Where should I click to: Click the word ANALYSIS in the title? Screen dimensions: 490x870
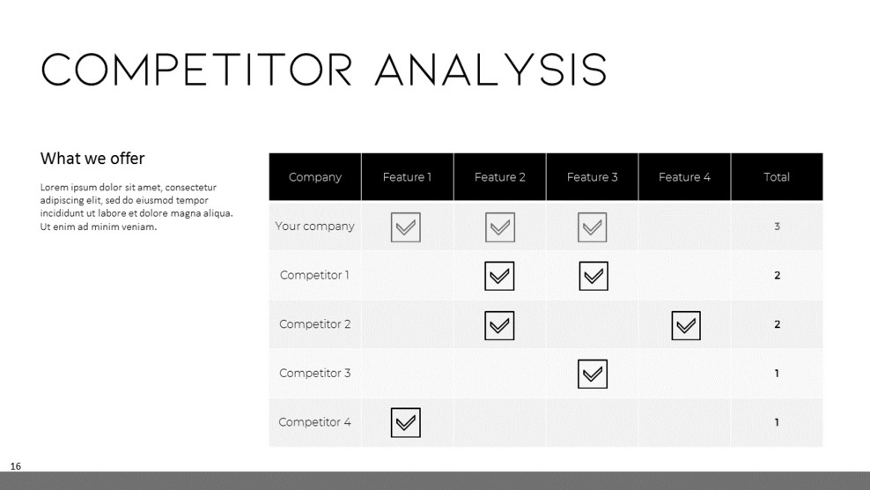tap(490, 70)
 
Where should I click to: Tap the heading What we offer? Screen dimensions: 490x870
tap(92, 159)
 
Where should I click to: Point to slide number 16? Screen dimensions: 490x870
tap(16, 466)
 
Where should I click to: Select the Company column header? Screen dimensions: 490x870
tap(314, 177)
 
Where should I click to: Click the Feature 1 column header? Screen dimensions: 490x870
tap(407, 177)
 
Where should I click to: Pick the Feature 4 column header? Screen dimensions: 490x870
tap(684, 177)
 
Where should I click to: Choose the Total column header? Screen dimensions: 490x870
tap(776, 177)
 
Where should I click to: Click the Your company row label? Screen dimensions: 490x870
tap(314, 226)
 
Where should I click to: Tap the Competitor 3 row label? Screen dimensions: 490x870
tap(314, 374)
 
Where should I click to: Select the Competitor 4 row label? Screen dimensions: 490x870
tap(314, 422)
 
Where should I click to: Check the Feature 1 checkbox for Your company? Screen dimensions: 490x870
tap(406, 227)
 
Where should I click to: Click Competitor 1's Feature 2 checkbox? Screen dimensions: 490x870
tap(499, 277)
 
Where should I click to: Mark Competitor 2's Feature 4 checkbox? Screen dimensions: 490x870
tap(685, 326)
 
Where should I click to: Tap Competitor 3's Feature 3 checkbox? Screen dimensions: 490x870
tap(593, 375)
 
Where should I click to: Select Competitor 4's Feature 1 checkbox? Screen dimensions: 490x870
tap(406, 423)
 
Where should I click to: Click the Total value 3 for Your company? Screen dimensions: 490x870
tap(777, 226)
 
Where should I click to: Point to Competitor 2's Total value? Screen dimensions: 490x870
tap(777, 324)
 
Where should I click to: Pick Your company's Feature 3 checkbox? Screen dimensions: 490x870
tap(593, 227)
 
